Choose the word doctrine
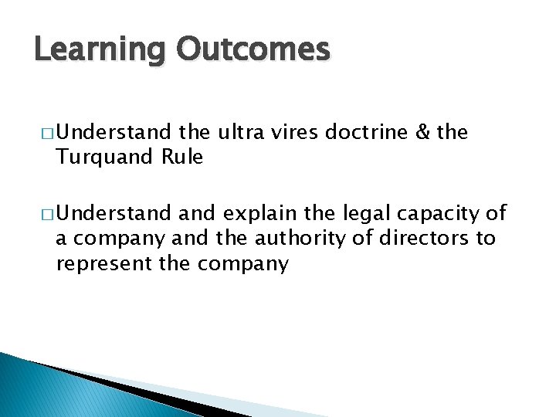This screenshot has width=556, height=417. coord(366,132)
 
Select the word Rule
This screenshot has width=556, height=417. coord(182,158)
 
